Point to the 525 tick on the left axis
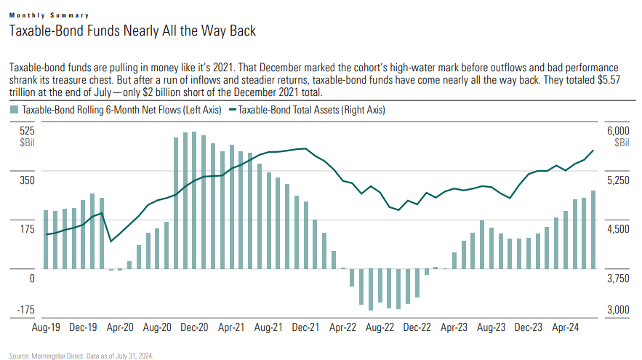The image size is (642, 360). [x=27, y=130]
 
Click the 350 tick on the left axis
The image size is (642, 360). [x=27, y=180]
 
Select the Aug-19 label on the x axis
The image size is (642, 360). [x=46, y=328]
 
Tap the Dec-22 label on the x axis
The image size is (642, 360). [x=417, y=328]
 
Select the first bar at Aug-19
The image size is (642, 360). [x=46, y=240]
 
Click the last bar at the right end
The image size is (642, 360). [x=594, y=230]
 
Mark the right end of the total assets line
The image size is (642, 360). [x=594, y=151]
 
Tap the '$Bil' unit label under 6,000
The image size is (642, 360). [x=622, y=143]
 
